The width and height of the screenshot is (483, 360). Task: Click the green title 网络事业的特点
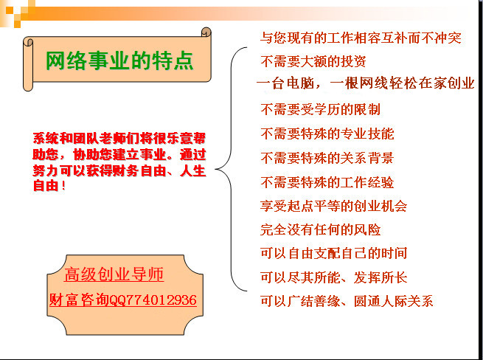pos(119,60)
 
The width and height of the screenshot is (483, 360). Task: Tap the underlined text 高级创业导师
pos(114,274)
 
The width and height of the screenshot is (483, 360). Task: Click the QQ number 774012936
pos(160,300)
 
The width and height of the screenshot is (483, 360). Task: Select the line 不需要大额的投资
pos(313,61)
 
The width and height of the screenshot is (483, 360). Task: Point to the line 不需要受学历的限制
pos(320,109)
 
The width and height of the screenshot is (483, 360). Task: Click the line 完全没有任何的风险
pos(320,229)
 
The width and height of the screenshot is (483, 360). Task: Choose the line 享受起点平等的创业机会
pos(333,206)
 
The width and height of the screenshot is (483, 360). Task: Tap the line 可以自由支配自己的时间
pos(333,253)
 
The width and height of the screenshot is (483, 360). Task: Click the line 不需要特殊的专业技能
pos(327,134)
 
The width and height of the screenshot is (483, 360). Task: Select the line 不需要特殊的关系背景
pos(327,158)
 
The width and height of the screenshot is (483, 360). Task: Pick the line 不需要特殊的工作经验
pos(327,182)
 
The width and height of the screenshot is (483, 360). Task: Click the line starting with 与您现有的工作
pos(361,38)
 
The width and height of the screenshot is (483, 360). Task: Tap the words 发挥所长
pos(381,277)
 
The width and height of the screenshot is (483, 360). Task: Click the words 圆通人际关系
pos(393,301)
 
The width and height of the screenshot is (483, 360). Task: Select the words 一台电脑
pos(285,83)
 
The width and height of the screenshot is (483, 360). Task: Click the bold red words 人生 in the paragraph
pos(193,170)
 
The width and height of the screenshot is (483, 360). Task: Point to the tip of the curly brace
pos(215,169)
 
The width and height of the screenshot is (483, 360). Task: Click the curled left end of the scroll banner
pos(28,64)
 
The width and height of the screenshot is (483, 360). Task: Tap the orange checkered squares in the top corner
pos(18,13)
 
